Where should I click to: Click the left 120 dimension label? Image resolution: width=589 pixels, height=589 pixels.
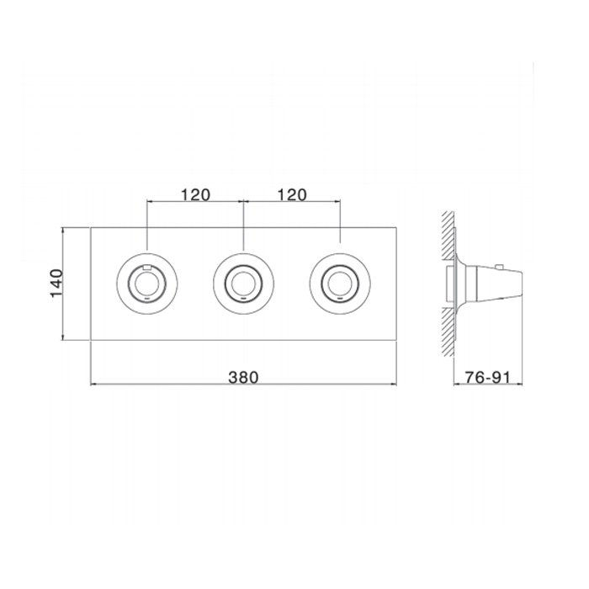(x=196, y=195)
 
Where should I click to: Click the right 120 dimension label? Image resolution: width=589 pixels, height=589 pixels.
(x=292, y=195)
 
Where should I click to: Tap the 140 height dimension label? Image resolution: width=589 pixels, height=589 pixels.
(x=56, y=284)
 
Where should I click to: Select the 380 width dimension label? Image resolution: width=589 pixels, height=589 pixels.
(x=243, y=377)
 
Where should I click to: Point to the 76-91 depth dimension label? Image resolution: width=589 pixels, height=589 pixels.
(x=487, y=377)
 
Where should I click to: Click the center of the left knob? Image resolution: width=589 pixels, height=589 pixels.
(x=147, y=284)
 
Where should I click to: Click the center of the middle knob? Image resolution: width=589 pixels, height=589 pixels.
(x=243, y=284)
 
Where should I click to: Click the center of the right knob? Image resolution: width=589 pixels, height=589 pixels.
(x=340, y=284)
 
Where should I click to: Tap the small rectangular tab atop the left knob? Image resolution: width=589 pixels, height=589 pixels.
(x=147, y=268)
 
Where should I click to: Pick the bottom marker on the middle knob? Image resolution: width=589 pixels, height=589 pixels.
(x=243, y=299)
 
